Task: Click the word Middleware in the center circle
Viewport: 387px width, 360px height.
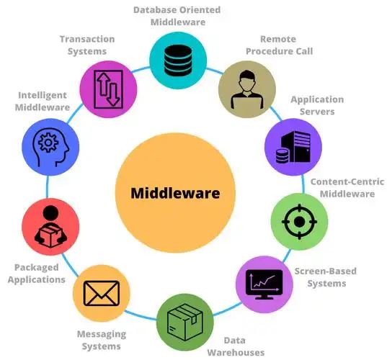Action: click(x=175, y=193)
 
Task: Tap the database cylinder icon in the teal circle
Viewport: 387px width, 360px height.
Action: click(x=178, y=60)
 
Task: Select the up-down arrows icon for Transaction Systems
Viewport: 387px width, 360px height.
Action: click(x=108, y=89)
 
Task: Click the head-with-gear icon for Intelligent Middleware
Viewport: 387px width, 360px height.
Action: click(x=51, y=147)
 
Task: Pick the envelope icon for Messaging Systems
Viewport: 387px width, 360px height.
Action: click(x=102, y=293)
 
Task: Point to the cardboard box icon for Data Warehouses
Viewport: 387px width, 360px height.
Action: click(x=185, y=323)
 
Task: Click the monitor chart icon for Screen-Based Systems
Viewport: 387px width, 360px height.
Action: click(x=264, y=284)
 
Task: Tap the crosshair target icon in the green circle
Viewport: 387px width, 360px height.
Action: click(x=299, y=222)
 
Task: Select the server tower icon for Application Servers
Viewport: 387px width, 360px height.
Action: click(x=293, y=147)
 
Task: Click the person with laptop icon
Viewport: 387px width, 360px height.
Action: click(x=247, y=89)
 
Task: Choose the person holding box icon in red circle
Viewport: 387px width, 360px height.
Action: click(x=50, y=226)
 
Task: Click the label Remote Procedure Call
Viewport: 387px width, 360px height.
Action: click(x=279, y=45)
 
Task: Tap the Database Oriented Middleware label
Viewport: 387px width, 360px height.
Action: click(x=177, y=16)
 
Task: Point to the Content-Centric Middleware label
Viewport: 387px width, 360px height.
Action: click(x=347, y=188)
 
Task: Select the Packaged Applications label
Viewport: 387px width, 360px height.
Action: click(x=37, y=274)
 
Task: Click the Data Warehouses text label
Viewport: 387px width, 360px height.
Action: click(x=236, y=346)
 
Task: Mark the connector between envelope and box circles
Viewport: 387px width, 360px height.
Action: click(x=141, y=315)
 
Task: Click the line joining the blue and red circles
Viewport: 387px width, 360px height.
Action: click(x=48, y=186)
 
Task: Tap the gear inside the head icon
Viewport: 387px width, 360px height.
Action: click(x=48, y=143)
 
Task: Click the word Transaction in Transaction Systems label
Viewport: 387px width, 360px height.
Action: click(x=87, y=39)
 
